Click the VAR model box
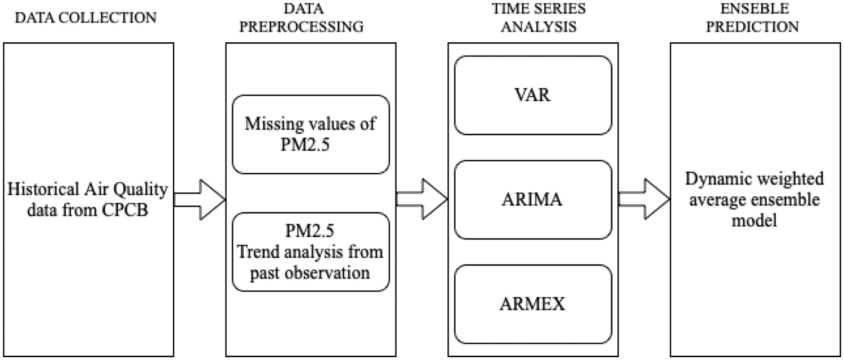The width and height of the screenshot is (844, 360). [x=532, y=96]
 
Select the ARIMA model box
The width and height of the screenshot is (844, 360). [x=532, y=200]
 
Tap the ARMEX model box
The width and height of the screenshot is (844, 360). [x=532, y=305]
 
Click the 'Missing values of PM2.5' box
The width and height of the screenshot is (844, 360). [x=311, y=134]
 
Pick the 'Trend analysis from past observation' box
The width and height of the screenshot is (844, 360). [x=311, y=252]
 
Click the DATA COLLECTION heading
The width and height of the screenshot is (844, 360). [x=86, y=17]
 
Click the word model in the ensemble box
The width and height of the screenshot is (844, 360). [x=754, y=220]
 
